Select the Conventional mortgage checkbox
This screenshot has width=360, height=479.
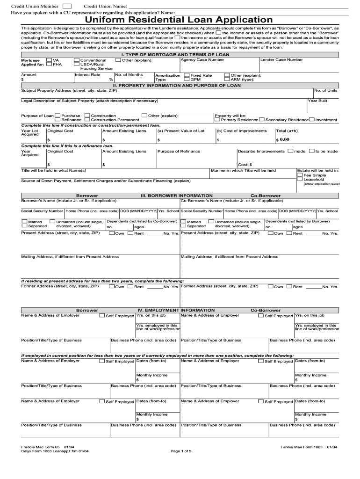click(77, 60)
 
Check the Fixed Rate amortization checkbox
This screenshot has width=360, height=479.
click(187, 75)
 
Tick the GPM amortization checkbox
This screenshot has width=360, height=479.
click(187, 80)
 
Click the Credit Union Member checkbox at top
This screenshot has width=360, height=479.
click(67, 6)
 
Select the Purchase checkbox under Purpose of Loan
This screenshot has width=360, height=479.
click(58, 115)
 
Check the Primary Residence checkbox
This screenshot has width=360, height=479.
click(217, 120)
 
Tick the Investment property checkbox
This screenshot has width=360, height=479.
click(312, 120)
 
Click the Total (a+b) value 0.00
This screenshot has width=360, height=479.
click(285, 139)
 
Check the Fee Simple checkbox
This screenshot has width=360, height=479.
click(300, 175)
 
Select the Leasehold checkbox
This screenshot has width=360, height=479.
click(300, 180)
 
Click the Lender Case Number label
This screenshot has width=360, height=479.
click(281, 60)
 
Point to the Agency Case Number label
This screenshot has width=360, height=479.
click(202, 60)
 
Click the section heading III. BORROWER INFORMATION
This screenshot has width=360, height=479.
click(177, 196)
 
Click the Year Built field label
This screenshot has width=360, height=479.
click(317, 101)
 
